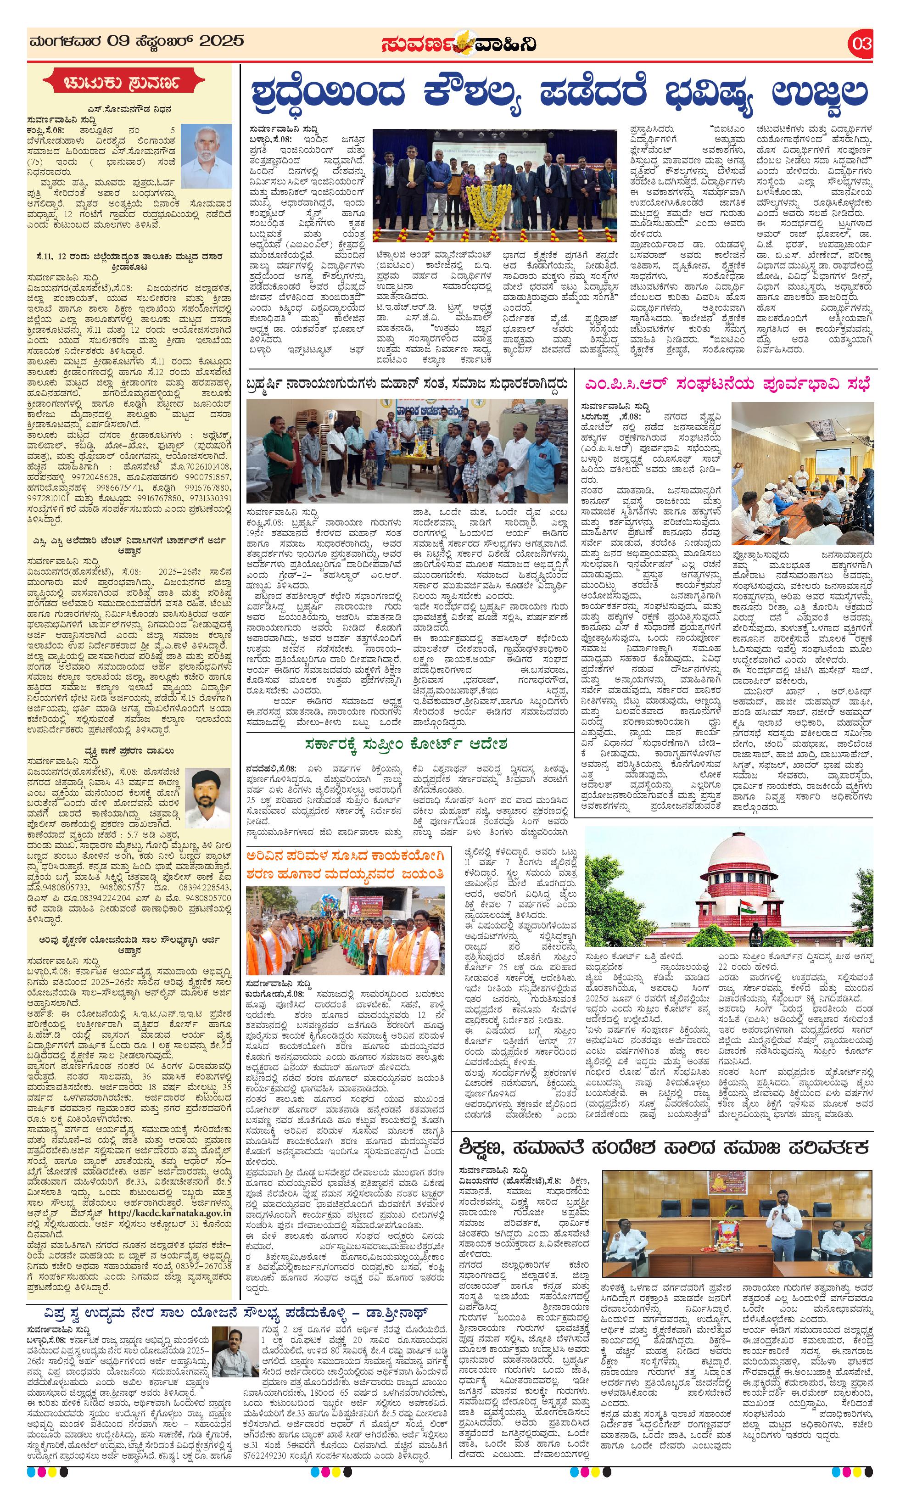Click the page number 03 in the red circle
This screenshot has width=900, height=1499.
(861, 44)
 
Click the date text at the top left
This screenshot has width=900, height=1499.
(136, 41)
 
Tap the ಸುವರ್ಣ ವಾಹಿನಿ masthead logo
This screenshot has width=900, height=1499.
(458, 44)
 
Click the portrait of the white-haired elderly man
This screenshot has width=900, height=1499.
(206, 153)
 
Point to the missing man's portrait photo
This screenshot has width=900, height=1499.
(207, 799)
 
